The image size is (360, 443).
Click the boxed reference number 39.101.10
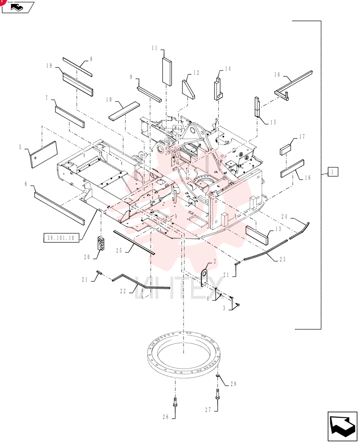tap(61, 237)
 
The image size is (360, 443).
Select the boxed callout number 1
tap(333, 171)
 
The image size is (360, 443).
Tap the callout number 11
tap(154, 48)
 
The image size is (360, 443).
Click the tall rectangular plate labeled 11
tap(167, 70)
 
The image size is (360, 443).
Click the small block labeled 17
tap(286, 149)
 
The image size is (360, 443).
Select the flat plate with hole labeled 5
tap(44, 155)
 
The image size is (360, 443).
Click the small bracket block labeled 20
tap(101, 244)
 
